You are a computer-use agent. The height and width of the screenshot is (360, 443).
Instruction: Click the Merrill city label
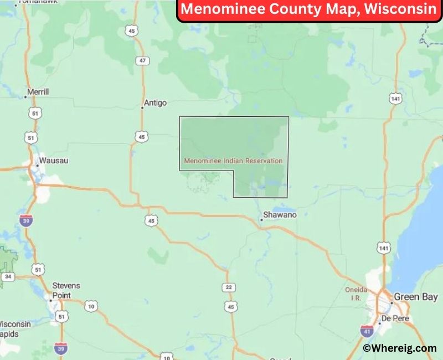tap(39, 91)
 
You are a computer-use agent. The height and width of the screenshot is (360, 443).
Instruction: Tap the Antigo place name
tap(155, 102)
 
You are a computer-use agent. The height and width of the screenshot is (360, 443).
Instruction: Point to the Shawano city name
tap(280, 214)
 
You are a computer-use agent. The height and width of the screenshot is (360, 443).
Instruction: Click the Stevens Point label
tap(66, 290)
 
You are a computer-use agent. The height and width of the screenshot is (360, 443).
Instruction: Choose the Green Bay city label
tap(415, 297)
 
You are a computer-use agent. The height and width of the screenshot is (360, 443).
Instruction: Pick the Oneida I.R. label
tap(352, 293)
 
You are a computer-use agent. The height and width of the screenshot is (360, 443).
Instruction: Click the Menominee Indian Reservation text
tap(233, 161)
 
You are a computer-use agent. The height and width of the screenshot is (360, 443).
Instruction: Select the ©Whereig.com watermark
tap(399, 348)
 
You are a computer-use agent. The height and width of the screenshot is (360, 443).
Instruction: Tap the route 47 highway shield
tap(143, 60)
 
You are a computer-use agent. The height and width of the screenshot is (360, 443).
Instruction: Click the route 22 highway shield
tap(229, 287)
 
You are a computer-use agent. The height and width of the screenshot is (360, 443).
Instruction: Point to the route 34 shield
tap(8, 276)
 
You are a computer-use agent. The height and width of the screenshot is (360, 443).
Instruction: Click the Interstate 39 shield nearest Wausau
tap(25, 220)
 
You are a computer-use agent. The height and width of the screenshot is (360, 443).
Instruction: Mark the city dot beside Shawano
tap(261, 220)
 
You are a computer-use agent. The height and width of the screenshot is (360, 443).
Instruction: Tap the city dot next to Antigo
tap(142, 108)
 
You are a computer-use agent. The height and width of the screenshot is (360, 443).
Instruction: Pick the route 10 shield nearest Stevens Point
tap(91, 306)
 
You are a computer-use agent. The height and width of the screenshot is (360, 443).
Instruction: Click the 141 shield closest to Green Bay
tap(383, 248)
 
